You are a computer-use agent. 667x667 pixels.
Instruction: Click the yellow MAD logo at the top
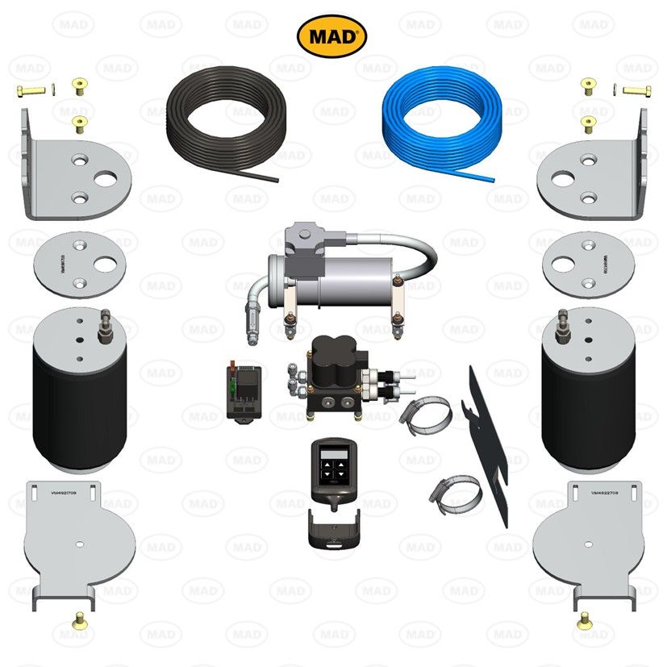tap(332, 35)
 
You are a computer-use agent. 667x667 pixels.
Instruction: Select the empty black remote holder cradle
tap(332, 533)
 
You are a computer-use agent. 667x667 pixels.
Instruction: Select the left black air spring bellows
tap(79, 391)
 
